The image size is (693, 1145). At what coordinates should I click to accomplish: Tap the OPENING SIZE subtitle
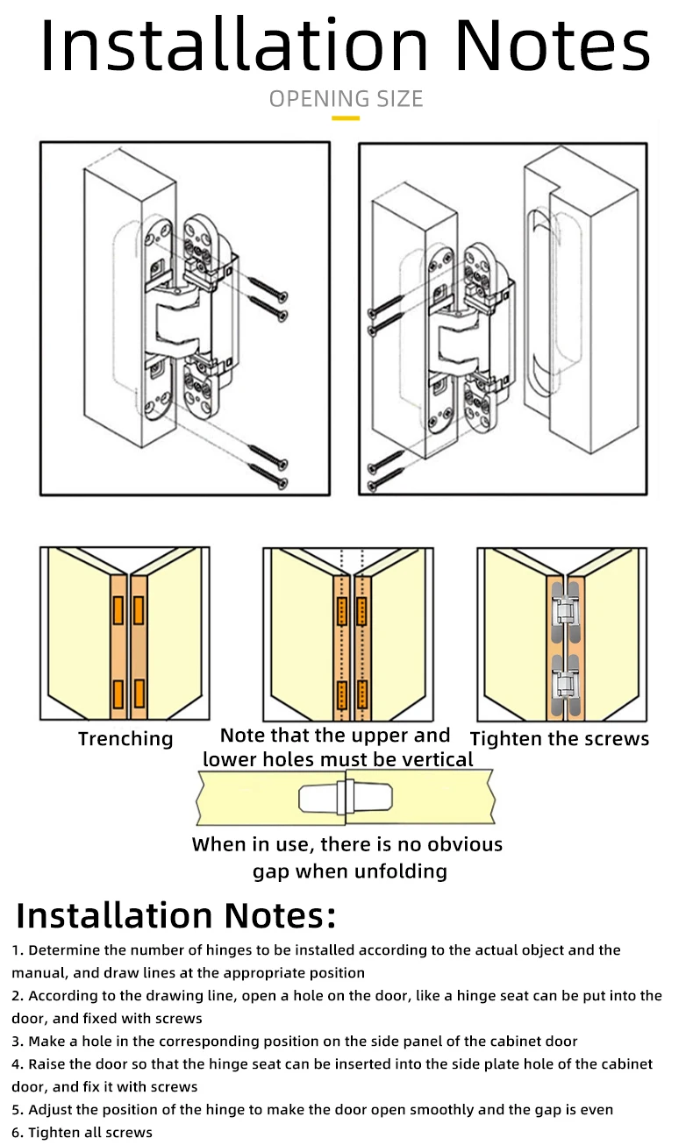346,98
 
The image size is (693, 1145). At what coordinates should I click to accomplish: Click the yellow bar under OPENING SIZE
346,117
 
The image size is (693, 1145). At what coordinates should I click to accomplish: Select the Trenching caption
125,739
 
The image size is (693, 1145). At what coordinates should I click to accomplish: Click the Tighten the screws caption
560,739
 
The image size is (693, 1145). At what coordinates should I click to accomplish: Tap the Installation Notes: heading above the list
176,915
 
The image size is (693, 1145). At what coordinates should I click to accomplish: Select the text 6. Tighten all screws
82,1133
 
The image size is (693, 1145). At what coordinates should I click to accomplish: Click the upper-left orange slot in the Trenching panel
118,609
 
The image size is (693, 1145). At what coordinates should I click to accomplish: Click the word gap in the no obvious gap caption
270,871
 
